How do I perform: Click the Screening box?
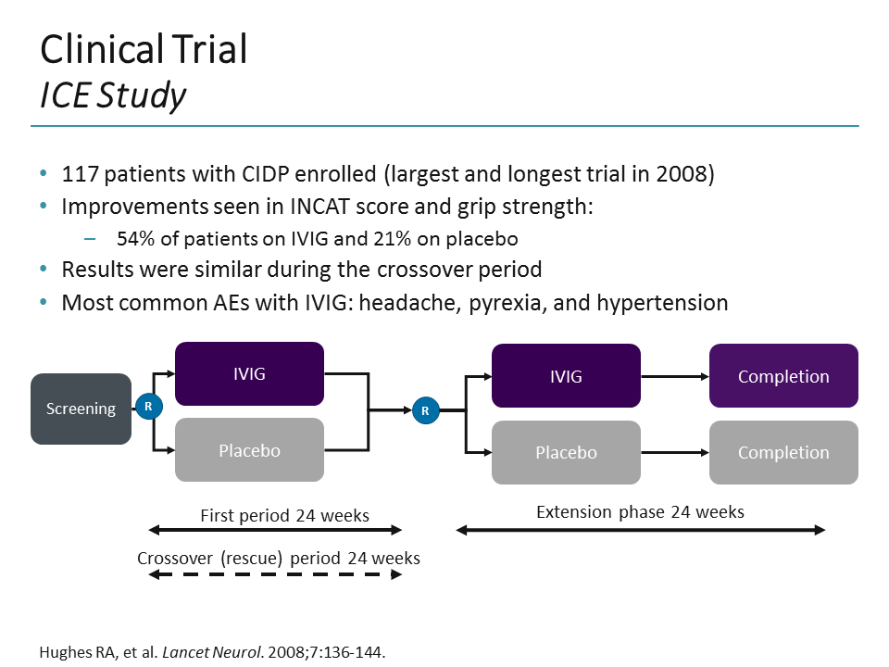(81, 409)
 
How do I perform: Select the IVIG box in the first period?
(249, 373)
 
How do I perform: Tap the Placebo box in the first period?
(249, 450)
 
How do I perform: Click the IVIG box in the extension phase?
(566, 376)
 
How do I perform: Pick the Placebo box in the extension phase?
(566, 452)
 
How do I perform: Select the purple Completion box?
(783, 376)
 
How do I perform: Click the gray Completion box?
(783, 452)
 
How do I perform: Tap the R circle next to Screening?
(148, 407)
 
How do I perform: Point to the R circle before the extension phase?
(425, 409)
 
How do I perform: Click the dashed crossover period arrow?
(275, 575)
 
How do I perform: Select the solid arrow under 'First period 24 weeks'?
(275, 531)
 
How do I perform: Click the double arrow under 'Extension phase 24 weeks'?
(640, 530)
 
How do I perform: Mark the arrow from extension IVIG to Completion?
(674, 377)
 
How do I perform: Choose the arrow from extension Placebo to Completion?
(674, 453)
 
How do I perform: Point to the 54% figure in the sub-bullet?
(134, 239)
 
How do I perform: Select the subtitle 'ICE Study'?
(112, 94)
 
